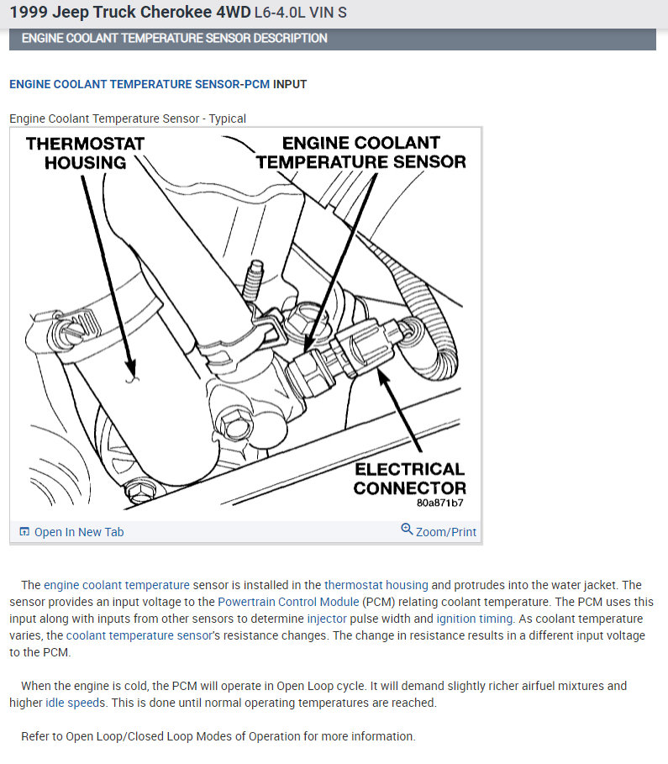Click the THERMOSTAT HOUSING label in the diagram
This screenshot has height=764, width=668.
[x=85, y=152]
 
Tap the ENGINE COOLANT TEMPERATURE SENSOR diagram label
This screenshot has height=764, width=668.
[x=360, y=152]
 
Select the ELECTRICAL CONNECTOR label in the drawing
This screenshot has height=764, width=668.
[x=409, y=478]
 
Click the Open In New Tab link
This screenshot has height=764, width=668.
[x=78, y=532]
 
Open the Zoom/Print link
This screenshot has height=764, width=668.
[x=445, y=532]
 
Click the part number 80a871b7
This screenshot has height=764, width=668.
[x=439, y=503]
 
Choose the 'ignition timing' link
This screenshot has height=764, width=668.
[x=474, y=619]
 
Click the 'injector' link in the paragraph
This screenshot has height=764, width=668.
[x=327, y=619]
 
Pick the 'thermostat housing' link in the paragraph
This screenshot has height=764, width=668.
[x=376, y=585]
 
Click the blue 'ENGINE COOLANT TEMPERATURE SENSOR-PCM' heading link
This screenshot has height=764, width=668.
[x=139, y=84]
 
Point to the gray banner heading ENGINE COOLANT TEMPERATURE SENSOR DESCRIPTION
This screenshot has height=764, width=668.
[x=174, y=39]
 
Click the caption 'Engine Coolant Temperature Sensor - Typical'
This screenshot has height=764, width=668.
[x=128, y=119]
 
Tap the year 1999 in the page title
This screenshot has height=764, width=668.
[x=26, y=13]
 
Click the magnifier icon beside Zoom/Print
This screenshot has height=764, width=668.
[x=407, y=530]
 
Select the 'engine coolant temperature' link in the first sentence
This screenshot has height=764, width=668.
[x=117, y=585]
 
